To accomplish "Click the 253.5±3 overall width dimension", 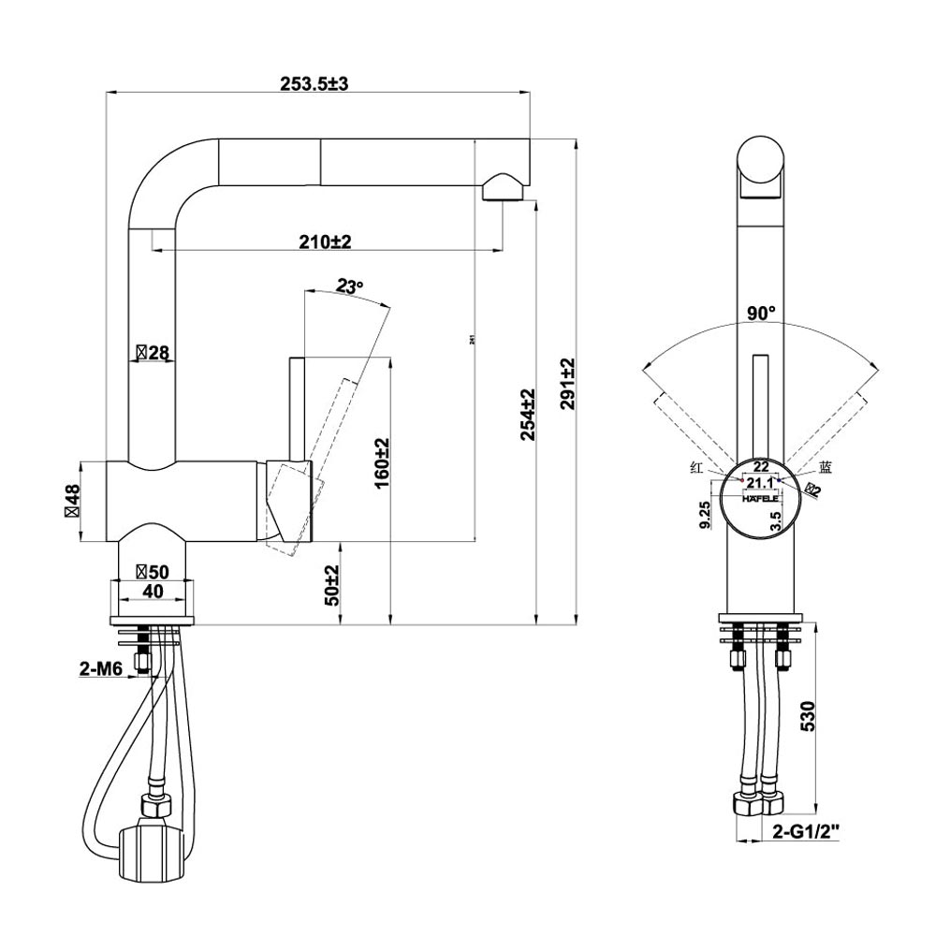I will [x=314, y=83].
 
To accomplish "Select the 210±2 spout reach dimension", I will [x=325, y=241].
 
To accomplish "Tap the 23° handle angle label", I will [x=349, y=286].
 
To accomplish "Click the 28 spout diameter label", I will [x=153, y=353].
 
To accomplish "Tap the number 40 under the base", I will [x=153, y=592].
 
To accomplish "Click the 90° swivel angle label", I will [x=762, y=314].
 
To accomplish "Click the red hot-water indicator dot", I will [x=742, y=481].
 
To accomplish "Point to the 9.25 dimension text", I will [x=705, y=514].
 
